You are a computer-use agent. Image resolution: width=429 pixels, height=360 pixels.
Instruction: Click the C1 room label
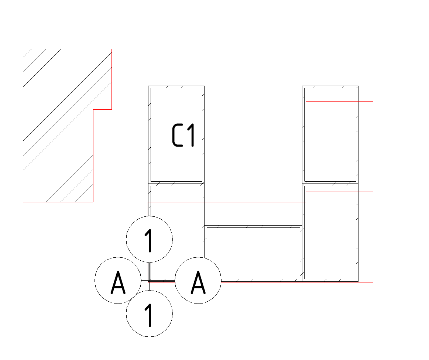183,135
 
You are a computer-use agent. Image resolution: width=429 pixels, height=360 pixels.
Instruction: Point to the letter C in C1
177,135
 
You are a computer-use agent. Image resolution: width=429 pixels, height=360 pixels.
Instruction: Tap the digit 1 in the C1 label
191,135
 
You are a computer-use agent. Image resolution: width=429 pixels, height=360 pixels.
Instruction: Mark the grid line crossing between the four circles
150,280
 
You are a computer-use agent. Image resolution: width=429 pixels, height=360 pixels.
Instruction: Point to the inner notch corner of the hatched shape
93,109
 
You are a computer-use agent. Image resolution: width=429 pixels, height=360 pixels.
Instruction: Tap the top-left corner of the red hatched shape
23,49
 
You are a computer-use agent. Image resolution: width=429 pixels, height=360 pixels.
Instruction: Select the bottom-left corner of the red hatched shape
23,202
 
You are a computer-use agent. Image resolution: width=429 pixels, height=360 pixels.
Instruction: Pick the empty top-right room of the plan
330,135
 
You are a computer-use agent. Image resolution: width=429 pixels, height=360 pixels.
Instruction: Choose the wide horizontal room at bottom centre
253,253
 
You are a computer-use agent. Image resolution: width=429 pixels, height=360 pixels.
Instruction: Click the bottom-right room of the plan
330,233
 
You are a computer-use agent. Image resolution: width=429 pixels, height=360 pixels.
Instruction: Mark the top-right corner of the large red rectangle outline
373,102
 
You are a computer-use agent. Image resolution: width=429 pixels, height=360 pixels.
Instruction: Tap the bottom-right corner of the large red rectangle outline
373,282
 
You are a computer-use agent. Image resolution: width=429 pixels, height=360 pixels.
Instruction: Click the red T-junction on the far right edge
373,192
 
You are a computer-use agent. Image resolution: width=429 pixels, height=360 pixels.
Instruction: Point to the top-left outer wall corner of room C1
148,86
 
